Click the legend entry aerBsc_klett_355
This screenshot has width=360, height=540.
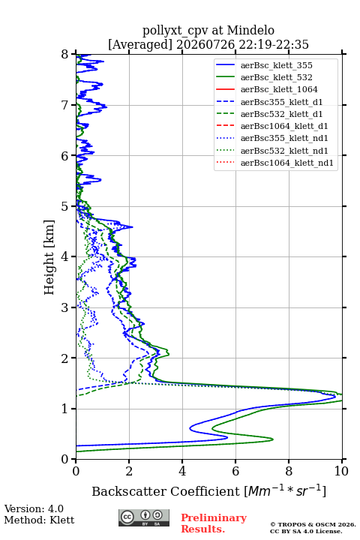[x=276, y=65]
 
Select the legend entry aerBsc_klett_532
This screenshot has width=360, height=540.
[x=276, y=77]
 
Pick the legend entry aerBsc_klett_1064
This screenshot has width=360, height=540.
[x=279, y=89]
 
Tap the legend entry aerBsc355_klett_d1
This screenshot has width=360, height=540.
[x=281, y=102]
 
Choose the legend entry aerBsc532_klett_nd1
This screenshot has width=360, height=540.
[x=284, y=151]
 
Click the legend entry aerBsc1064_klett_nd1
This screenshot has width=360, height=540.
[x=287, y=163]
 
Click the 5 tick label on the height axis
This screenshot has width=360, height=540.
[x=65, y=206]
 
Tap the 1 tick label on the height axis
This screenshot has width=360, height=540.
[x=65, y=409]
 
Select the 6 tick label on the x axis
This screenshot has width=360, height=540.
[x=235, y=471]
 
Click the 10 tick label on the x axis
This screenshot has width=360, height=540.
[x=341, y=471]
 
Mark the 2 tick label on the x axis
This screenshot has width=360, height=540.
[x=129, y=471]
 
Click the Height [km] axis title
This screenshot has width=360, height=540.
[x=49, y=257]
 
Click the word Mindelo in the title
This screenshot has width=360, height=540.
[x=250, y=30]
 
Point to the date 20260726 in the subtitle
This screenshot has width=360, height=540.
[x=205, y=44]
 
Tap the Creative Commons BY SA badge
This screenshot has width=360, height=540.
[x=144, y=517]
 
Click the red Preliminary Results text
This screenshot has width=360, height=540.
[x=214, y=523]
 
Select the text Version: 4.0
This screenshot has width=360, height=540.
[x=34, y=508]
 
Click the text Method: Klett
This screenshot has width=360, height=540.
[x=39, y=520]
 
